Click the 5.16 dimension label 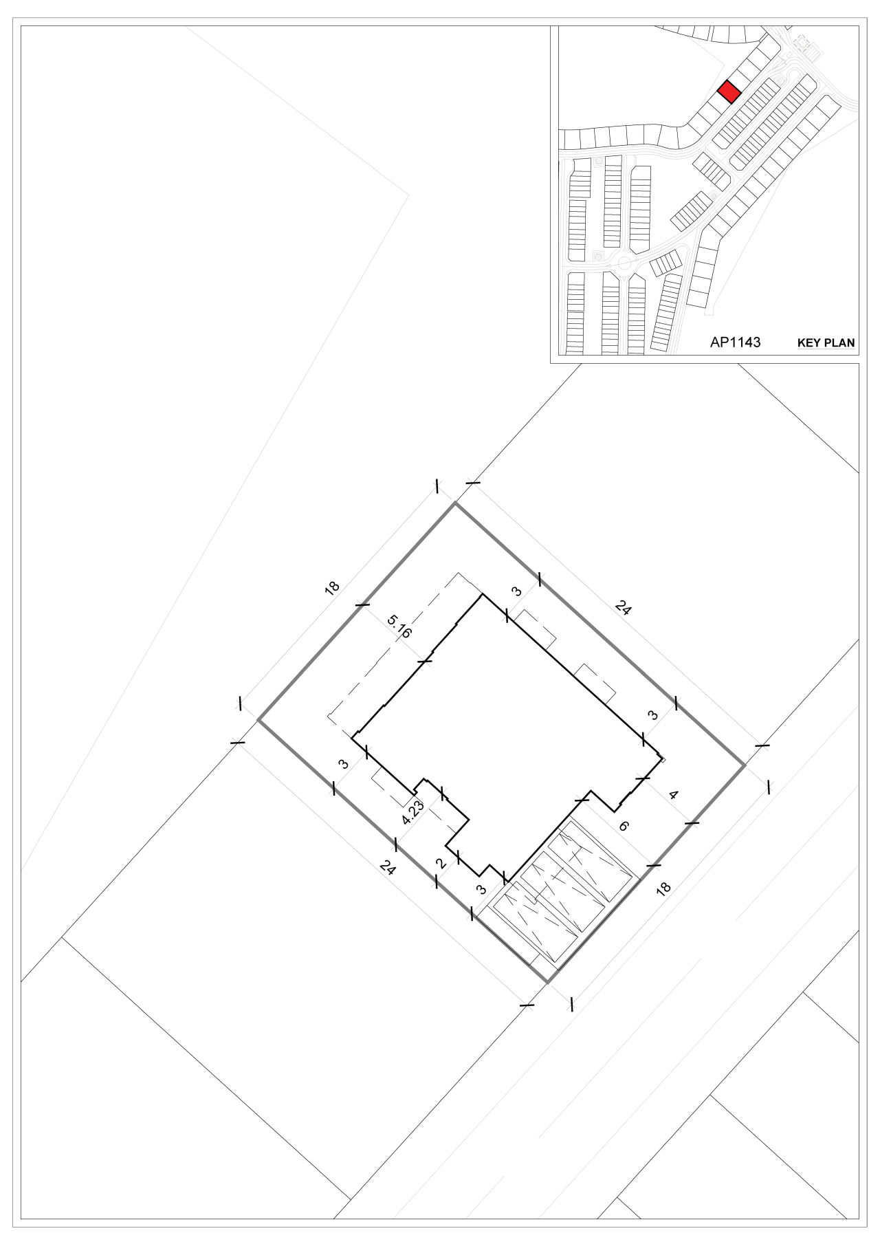point(399,627)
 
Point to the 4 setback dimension point(674,795)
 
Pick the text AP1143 point(736,342)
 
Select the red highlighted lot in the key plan point(729,92)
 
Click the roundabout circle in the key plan point(624,262)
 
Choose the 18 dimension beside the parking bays point(663,888)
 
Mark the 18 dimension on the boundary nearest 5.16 point(333,589)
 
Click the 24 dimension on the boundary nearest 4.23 point(387,869)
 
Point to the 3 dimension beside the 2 point(481,889)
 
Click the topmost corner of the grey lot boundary point(454,503)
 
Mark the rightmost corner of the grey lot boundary point(745,764)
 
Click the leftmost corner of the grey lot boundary point(258,719)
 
